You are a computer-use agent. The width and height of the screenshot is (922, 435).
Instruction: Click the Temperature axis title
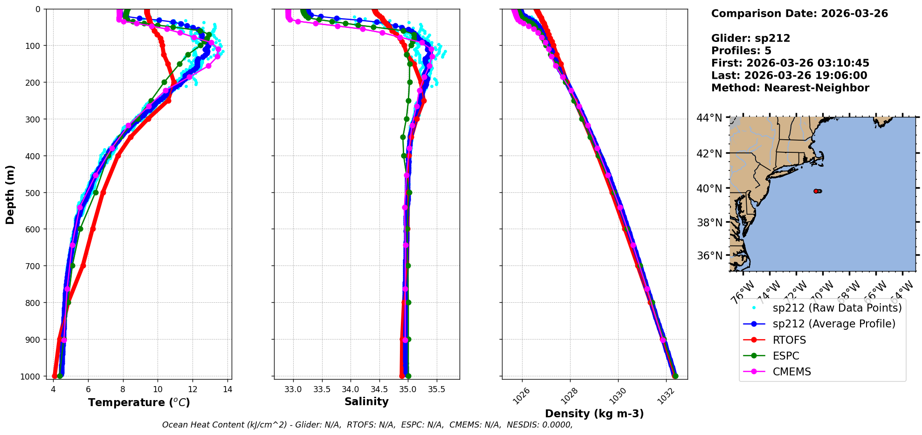point(139,402)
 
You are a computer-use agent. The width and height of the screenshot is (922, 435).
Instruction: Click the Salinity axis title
point(366,401)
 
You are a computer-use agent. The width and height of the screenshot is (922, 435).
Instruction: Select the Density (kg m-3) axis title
point(594,414)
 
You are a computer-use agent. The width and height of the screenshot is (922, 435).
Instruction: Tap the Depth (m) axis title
point(10,194)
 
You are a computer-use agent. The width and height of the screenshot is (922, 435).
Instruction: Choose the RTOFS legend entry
point(789,340)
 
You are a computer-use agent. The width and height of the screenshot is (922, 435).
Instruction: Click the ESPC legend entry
point(786,356)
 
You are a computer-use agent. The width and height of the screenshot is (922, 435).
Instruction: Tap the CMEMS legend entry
point(791,372)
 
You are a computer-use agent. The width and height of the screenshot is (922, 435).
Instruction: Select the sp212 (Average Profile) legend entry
point(834,324)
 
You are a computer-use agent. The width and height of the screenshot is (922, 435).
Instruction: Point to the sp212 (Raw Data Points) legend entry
point(837,308)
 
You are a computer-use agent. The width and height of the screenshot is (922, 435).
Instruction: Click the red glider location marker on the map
point(816,191)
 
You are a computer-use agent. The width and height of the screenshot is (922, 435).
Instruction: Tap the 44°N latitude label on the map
point(709,118)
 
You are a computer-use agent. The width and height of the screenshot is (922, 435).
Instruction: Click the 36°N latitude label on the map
point(709,256)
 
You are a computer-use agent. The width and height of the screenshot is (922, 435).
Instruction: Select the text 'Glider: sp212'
point(750,38)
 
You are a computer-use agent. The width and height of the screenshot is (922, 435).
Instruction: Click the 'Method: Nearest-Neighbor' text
point(790,88)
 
